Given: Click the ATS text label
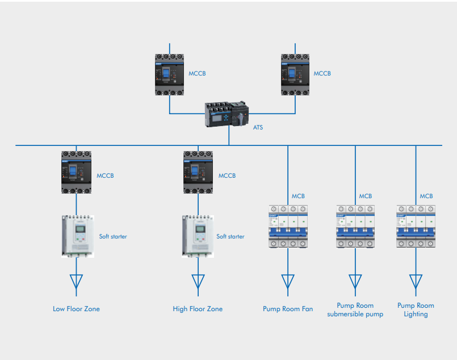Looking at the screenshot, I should pyautogui.click(x=258, y=127).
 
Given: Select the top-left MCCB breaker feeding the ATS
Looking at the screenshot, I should pyautogui.click(x=170, y=74).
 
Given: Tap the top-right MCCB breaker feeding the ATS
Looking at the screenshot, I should pyautogui.click(x=296, y=74).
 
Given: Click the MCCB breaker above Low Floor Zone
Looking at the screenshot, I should pyautogui.click(x=76, y=171).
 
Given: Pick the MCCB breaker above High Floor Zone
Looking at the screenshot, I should pyautogui.click(x=198, y=171).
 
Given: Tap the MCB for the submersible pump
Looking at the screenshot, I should pyautogui.click(x=355, y=226).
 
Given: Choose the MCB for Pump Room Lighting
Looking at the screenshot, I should pyautogui.click(x=416, y=226).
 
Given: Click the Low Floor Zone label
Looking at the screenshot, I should pyautogui.click(x=76, y=309).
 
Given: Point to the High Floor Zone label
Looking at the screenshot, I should pyautogui.click(x=198, y=309).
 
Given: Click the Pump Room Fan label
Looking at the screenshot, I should pyautogui.click(x=288, y=309).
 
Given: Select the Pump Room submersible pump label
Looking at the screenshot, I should pyautogui.click(x=355, y=309).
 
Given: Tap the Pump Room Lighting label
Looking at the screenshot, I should pyautogui.click(x=416, y=309).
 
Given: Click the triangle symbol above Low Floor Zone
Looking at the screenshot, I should pyautogui.click(x=76, y=282).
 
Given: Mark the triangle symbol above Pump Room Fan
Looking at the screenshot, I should pyautogui.click(x=288, y=282).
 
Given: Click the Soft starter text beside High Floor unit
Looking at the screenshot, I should pyautogui.click(x=230, y=236).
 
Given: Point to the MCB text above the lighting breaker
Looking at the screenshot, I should pyautogui.click(x=426, y=196).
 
